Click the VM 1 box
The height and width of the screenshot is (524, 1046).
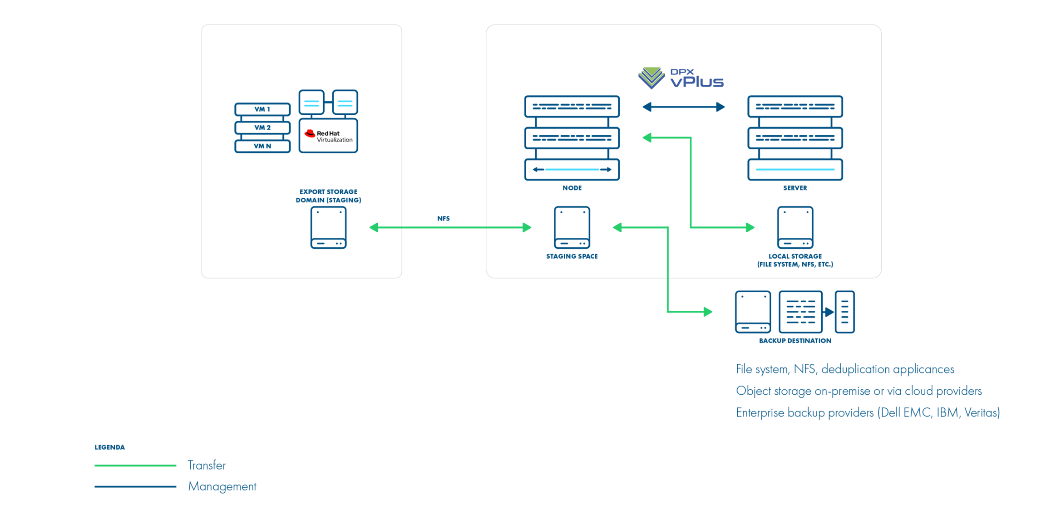[262, 109]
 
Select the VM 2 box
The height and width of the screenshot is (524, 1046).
[262, 127]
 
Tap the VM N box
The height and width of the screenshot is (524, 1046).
[262, 146]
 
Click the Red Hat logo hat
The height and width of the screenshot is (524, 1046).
[310, 133]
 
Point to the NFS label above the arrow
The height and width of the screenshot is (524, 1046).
[443, 219]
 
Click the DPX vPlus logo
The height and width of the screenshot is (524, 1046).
[681, 78]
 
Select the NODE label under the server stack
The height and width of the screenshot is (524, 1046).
[572, 188]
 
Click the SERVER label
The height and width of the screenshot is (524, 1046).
[794, 188]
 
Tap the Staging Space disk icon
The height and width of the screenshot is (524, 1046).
[572, 227]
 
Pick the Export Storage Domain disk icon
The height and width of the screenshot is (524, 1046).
[328, 227]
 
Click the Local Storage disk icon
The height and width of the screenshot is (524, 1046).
[794, 227]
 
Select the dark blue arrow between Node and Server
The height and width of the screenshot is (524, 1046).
[683, 107]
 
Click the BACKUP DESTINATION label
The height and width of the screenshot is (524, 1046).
[794, 341]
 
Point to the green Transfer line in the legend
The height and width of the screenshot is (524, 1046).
[135, 465]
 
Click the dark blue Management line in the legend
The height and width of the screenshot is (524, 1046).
[135, 486]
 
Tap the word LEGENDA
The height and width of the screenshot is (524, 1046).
[109, 447]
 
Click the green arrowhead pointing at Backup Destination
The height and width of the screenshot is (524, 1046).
[707, 312]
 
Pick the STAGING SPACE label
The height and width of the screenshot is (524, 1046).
[572, 256]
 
